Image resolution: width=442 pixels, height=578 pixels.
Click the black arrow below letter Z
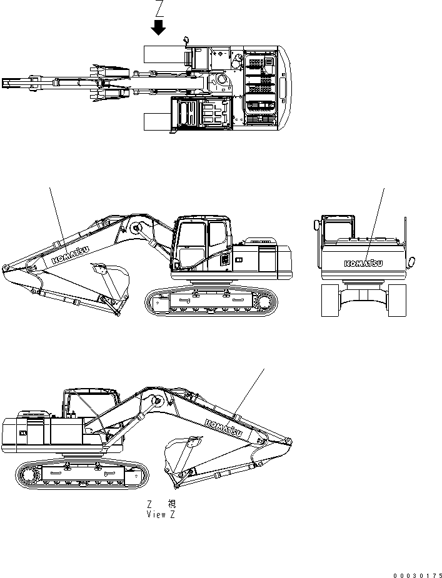[159, 27]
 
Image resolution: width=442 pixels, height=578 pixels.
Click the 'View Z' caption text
[161, 514]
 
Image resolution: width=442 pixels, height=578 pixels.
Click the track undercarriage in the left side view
[211, 301]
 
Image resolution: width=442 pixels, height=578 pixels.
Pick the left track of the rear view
[331, 299]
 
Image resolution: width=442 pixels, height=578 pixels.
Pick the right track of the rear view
[397, 299]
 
